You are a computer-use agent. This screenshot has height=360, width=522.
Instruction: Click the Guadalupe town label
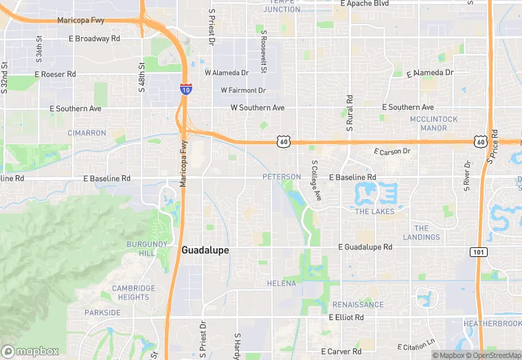(x=205, y=251)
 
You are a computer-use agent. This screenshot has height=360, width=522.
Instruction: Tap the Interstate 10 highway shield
(x=185, y=89)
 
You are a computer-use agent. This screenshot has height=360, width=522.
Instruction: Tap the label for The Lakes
(x=374, y=212)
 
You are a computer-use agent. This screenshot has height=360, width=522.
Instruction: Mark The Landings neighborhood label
(x=422, y=233)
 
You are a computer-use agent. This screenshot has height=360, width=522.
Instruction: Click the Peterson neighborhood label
(x=282, y=177)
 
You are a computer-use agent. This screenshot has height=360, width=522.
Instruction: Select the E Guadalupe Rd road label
(x=365, y=247)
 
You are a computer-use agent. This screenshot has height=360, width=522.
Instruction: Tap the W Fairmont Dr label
(x=242, y=90)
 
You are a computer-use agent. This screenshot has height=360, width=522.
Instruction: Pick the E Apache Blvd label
(x=374, y=4)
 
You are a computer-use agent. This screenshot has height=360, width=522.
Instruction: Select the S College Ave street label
(x=316, y=181)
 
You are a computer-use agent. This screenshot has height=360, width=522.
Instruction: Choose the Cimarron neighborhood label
(x=87, y=133)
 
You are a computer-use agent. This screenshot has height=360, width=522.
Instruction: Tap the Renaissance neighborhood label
(x=358, y=304)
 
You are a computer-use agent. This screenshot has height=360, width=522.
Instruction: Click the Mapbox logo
(x=30, y=351)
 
